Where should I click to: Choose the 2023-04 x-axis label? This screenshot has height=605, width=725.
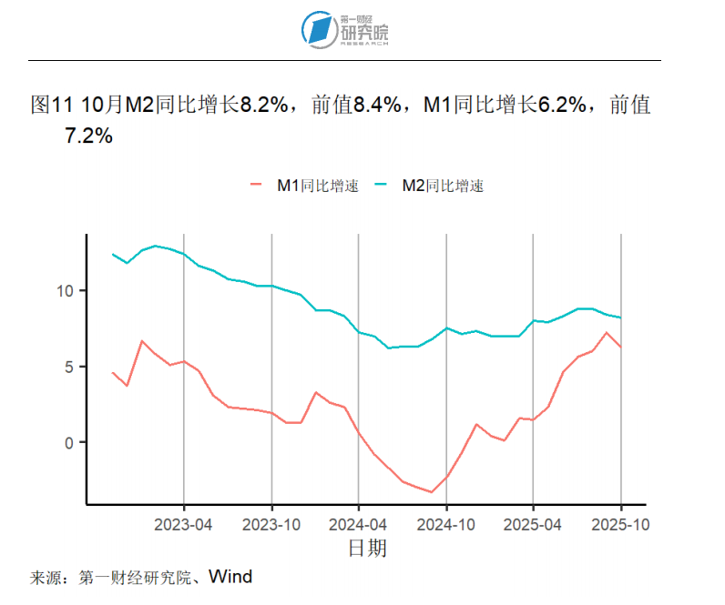click(x=184, y=525)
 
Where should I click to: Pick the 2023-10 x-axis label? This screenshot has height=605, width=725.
click(x=271, y=525)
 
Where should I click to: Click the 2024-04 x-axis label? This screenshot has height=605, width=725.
click(x=359, y=525)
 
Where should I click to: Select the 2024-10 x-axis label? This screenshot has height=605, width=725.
click(x=446, y=525)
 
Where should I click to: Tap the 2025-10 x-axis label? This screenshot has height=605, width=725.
click(x=621, y=525)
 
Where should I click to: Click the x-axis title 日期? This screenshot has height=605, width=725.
click(x=367, y=548)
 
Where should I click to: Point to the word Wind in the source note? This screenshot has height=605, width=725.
click(x=230, y=577)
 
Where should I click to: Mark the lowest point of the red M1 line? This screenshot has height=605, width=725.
click(x=432, y=492)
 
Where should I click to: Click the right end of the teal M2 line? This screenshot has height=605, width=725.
click(x=621, y=318)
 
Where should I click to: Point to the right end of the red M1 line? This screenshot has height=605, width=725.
click(x=621, y=348)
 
